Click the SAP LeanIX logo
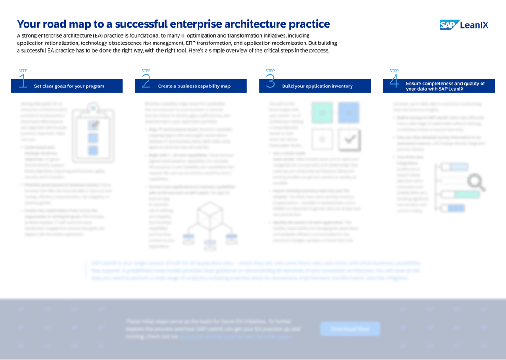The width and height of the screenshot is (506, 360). [464, 25]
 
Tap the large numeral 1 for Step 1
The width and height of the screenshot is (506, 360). [23, 82]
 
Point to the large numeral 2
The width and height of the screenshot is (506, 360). [146, 82]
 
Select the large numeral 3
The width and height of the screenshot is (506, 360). [270, 82]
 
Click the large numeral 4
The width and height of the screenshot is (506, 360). [394, 82]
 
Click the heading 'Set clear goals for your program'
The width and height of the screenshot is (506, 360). [69, 86]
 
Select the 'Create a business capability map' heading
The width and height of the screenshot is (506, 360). [194, 86]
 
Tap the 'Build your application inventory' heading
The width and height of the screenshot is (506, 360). [317, 86]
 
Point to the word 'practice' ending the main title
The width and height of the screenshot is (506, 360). [309, 24]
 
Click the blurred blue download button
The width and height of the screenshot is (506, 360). [350, 329]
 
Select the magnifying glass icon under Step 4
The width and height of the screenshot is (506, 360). [476, 182]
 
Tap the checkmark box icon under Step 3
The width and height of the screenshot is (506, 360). [349, 139]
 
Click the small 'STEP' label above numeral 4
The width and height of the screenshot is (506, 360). [394, 71]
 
